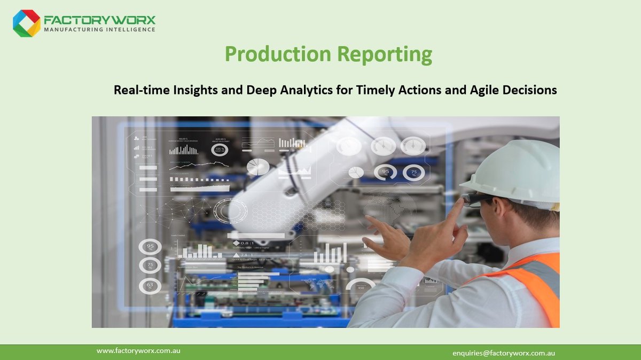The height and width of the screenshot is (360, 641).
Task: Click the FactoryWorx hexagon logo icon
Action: pos(27,23)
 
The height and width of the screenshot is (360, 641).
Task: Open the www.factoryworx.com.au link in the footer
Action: pos(138,351)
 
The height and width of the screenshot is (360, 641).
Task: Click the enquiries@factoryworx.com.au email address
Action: pos(504,353)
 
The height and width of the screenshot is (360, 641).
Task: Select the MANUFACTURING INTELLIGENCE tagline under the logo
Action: pos(99,29)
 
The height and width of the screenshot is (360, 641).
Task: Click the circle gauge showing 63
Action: pos(150,285)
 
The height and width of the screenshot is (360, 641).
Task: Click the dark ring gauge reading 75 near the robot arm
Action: pos(413,172)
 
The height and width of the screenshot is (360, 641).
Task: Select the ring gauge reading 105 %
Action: pos(220,150)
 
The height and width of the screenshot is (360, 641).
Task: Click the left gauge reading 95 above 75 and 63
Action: pos(150,247)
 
